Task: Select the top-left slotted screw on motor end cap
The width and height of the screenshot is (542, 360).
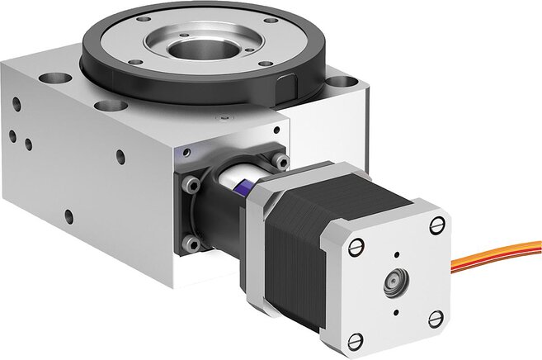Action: (x=356, y=245)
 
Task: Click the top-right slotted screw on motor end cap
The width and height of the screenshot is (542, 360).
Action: (x=436, y=224)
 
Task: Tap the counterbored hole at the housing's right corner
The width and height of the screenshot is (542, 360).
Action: (x=339, y=83)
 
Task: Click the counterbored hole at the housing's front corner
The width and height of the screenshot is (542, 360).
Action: (x=105, y=106)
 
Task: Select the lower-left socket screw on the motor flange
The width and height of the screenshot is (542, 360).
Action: (x=191, y=243)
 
